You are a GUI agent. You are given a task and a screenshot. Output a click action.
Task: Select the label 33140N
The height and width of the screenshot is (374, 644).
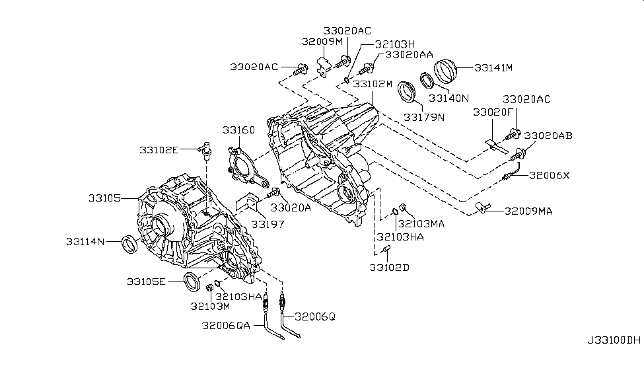click(x=448, y=98)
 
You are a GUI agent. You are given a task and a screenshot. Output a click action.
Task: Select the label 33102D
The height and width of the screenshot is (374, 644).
click(x=389, y=268)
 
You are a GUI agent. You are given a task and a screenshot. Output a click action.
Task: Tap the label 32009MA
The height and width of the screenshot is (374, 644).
click(x=528, y=211)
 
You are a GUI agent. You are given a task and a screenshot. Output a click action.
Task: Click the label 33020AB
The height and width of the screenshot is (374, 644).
click(x=548, y=135)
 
